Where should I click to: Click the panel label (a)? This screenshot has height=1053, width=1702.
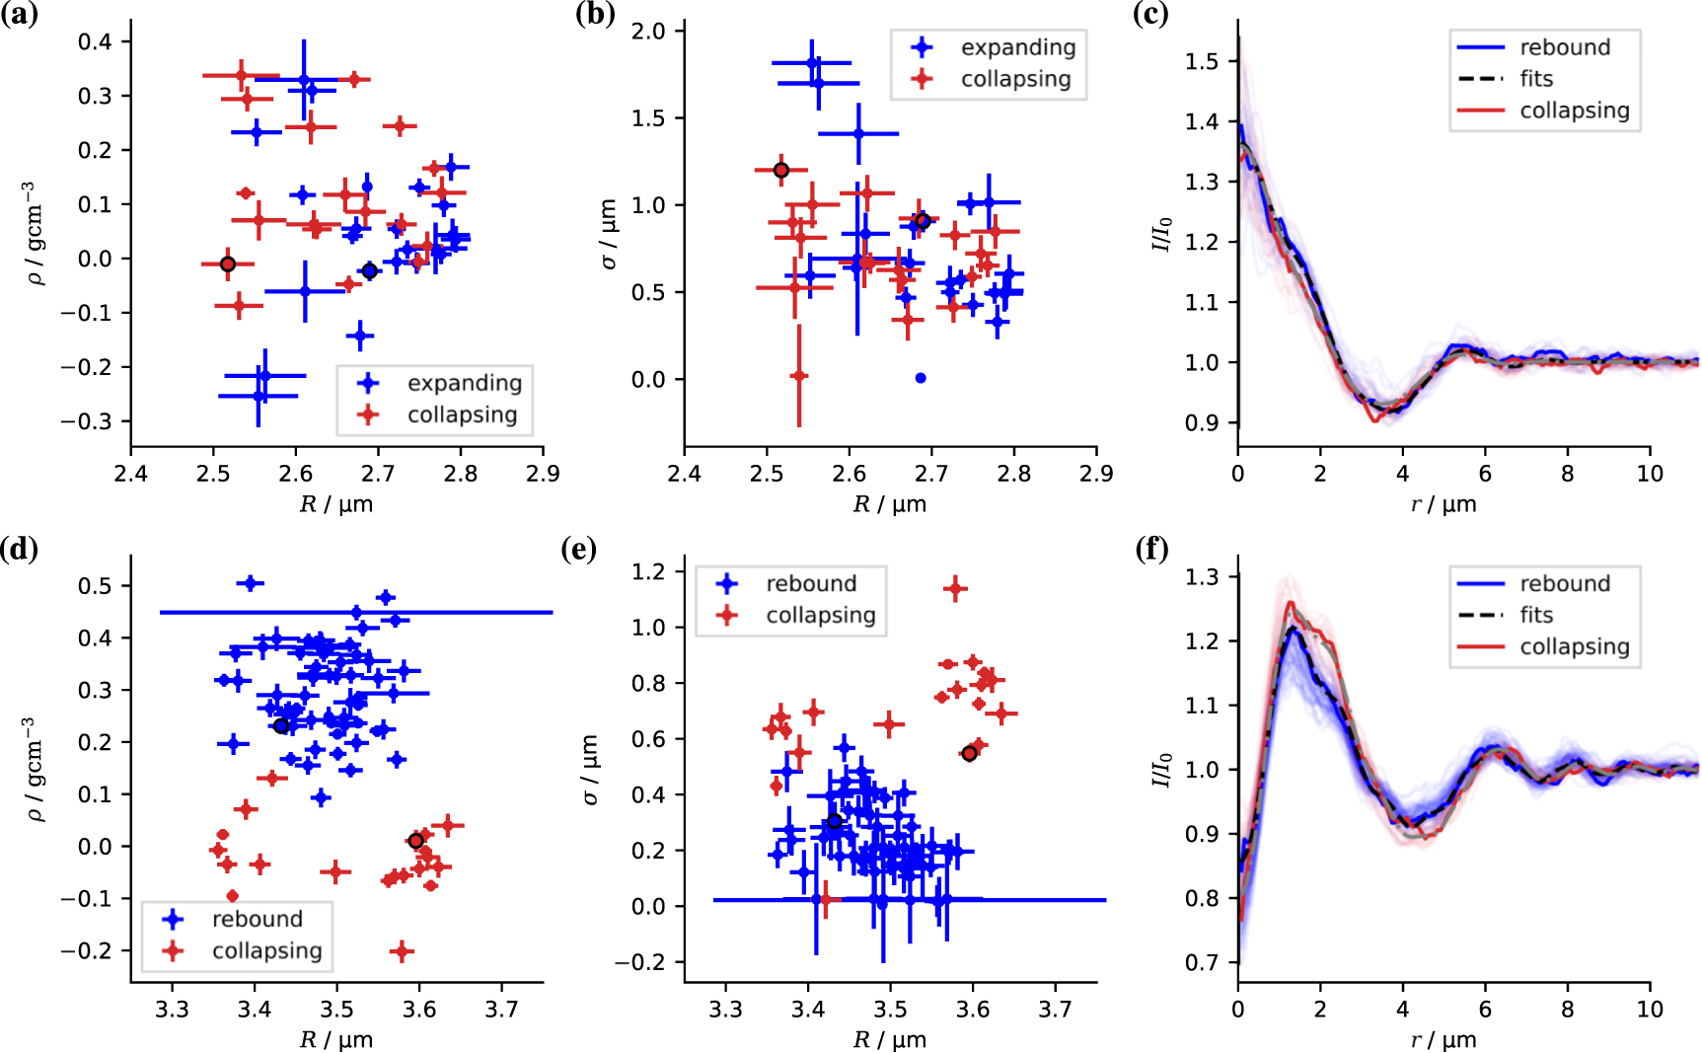[19, 15]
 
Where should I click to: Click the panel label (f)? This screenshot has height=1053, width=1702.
[1150, 549]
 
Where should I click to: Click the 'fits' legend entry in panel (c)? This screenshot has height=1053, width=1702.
[1535, 79]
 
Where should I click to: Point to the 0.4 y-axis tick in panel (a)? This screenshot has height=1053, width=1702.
[96, 41]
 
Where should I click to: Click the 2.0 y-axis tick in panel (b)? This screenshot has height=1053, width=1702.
[648, 32]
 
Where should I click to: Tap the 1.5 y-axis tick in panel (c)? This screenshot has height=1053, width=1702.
[1202, 61]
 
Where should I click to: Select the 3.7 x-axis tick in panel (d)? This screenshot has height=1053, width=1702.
[501, 1009]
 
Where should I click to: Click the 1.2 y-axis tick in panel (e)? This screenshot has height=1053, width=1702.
[648, 571]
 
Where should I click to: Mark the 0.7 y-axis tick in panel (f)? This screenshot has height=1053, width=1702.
[1202, 962]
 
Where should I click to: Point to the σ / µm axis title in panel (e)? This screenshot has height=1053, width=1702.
[590, 770]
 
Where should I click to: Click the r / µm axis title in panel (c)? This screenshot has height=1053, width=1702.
[1443, 504]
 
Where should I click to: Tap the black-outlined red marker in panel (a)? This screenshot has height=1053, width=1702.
[228, 264]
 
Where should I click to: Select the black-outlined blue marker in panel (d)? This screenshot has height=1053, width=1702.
[281, 726]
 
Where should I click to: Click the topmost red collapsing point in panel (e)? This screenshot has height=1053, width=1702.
[954, 589]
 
